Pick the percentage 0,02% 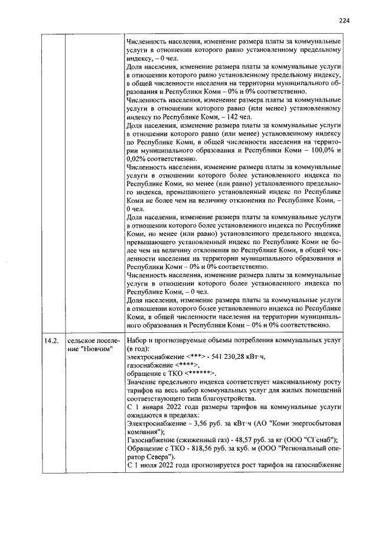136,158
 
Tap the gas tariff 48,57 249,440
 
